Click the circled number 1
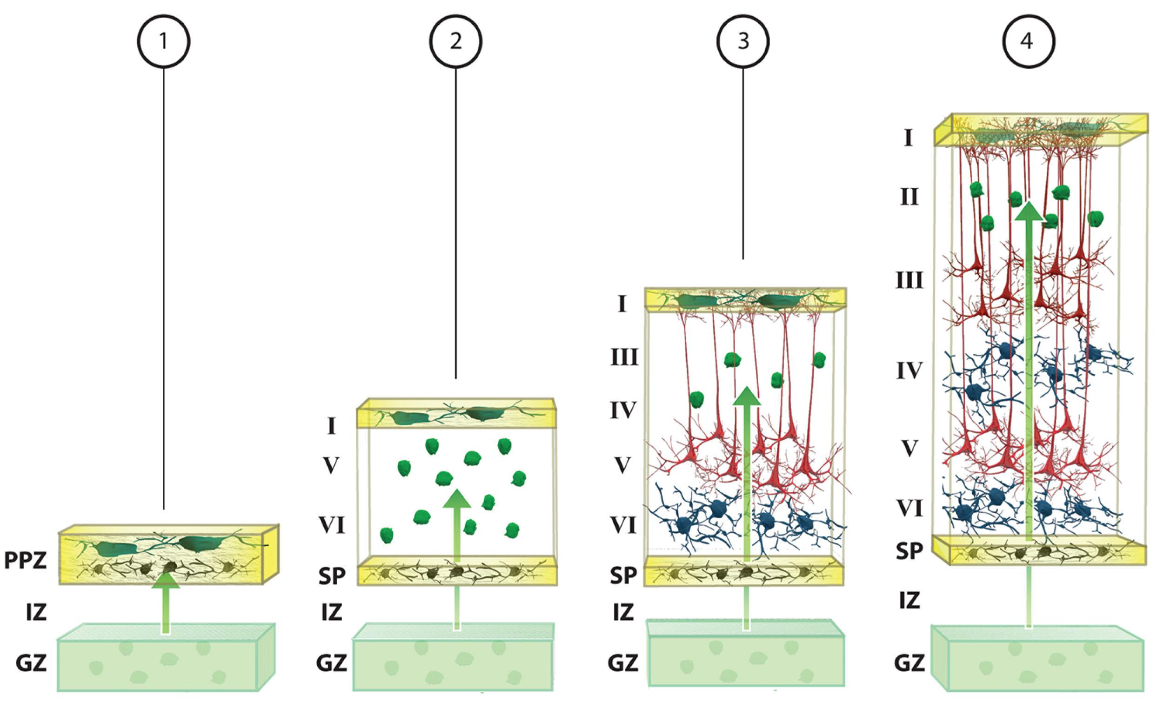[x=163, y=41]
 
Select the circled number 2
[x=455, y=41]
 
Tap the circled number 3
[x=743, y=41]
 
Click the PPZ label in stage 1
[x=26, y=561]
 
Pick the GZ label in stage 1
[x=31, y=663]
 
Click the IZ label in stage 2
[x=331, y=612]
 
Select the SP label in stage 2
[x=331, y=576]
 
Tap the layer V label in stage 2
[x=331, y=466]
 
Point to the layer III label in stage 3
[x=624, y=358]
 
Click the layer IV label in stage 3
[x=624, y=410]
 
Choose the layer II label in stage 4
[x=909, y=197]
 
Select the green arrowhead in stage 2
[x=456, y=499]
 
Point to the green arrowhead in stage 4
[x=1029, y=211]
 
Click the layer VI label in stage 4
[x=909, y=509]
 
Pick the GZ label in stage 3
[x=623, y=663]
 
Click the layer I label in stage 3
[x=622, y=305]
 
